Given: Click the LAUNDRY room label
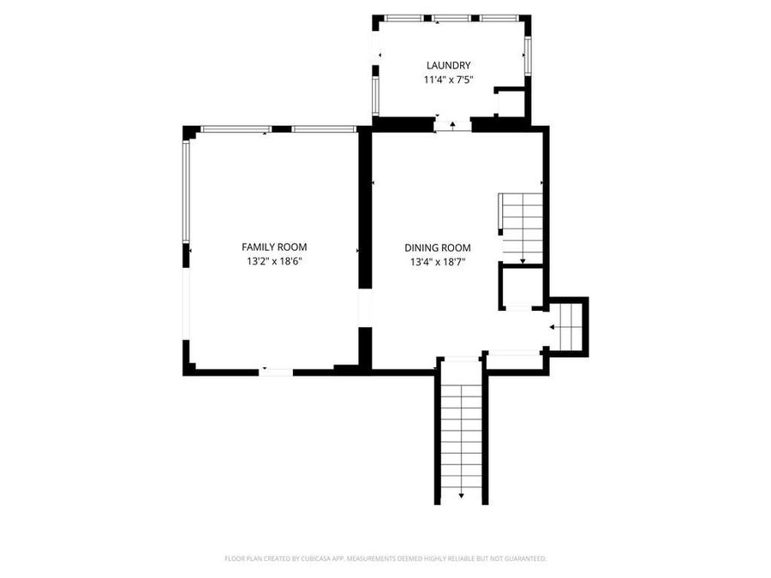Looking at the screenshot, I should point(449,65).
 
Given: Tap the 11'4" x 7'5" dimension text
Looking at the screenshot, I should point(449,80).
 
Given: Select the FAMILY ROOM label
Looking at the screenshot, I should point(274,247).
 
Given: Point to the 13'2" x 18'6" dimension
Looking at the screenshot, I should point(274,261).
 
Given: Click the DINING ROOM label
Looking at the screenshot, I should point(438,247).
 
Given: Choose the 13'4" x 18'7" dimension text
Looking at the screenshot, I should point(438,262).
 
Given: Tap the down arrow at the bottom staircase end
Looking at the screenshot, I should point(462,494).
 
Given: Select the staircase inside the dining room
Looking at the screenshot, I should point(522,227).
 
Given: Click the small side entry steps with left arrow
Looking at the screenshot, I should point(566,326).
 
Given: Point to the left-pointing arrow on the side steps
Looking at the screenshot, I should point(553,327).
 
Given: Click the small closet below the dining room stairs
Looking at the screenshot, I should point(521,288).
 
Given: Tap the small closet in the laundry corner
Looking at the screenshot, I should point(511,104).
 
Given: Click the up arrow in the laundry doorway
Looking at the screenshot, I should point(452,125).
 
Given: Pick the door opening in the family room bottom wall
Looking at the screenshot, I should point(276,371).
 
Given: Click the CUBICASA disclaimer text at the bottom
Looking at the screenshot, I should point(385,558).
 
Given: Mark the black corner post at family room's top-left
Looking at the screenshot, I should point(189,132).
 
